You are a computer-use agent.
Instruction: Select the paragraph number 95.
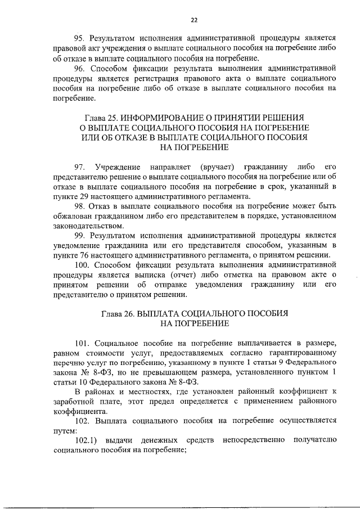coord(80,38)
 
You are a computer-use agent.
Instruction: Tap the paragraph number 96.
coord(80,68)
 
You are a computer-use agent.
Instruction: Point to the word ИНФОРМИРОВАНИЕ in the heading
coord(163,117)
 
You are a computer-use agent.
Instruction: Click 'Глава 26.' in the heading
coord(120,314)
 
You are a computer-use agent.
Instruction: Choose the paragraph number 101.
coord(83,344)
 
